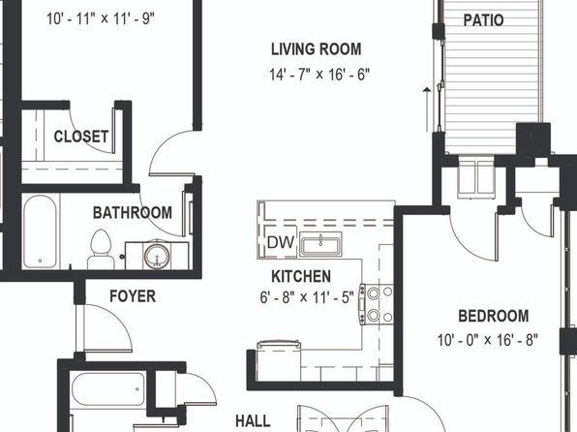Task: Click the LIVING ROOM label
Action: point(317,49)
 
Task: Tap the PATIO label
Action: point(483,20)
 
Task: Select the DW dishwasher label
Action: point(281,242)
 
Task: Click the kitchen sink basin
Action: point(320,244)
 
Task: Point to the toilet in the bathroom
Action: point(100,250)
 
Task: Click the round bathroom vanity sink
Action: point(157,256)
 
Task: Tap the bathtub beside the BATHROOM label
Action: point(40,231)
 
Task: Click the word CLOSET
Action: point(81,137)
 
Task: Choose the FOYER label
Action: point(133,296)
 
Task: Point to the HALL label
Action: point(253,421)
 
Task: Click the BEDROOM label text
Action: point(494,316)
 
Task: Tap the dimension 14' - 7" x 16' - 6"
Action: point(319,75)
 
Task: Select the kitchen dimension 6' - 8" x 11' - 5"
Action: point(307,297)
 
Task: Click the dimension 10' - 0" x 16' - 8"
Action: point(488,340)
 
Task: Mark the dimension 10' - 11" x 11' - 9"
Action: point(101,18)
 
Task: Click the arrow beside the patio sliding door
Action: point(427,109)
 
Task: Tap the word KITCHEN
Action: point(301,277)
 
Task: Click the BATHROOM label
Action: point(133,213)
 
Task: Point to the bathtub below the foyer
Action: point(107,389)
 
